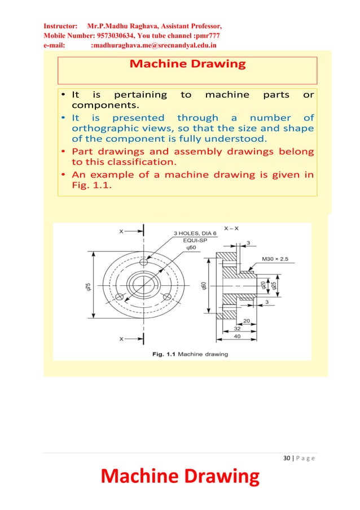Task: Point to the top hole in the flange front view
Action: click(x=144, y=263)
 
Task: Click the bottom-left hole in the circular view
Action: click(x=118, y=297)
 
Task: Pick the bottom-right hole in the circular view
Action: click(x=167, y=297)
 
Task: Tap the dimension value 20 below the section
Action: click(x=246, y=320)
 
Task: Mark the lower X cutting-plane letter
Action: click(x=121, y=339)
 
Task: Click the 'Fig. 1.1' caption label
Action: click(x=164, y=354)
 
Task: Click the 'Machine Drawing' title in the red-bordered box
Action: click(x=187, y=64)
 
